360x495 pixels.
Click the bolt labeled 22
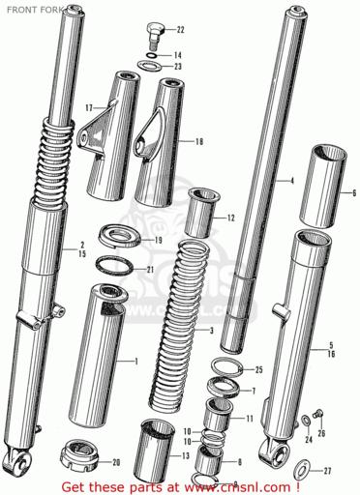pos(156,35)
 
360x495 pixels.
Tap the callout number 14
pos(178,55)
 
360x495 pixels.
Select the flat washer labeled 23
pos(149,66)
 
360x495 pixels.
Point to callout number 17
pos(89,107)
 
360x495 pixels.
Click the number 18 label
pos(199,141)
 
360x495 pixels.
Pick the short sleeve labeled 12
pos(201,212)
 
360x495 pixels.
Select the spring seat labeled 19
pos(119,237)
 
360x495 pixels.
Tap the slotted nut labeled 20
pos(79,455)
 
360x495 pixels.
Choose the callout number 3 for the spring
pos(212,331)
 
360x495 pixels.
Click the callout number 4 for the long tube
pos(292,181)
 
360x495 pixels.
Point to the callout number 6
pos(354,193)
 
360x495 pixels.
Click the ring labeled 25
pos(226,367)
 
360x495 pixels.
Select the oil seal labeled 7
pos(224,388)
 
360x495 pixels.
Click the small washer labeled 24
pos(306,421)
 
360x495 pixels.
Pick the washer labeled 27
pos(302,470)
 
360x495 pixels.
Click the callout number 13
pos(186,455)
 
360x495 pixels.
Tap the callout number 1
pos(136,362)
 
